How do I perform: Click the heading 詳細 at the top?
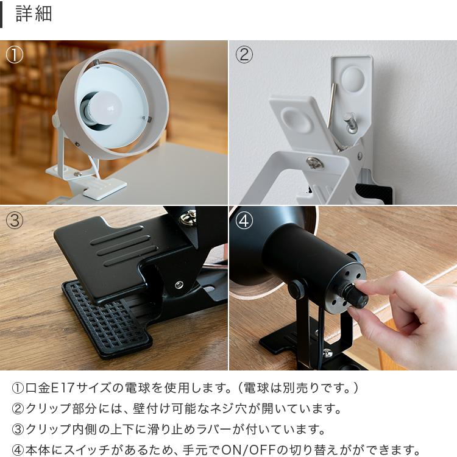[x=34, y=14]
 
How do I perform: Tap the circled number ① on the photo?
[x=14, y=55]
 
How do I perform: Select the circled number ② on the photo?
[x=244, y=55]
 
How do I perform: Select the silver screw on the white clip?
[x=315, y=162]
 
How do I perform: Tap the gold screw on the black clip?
[x=189, y=216]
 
